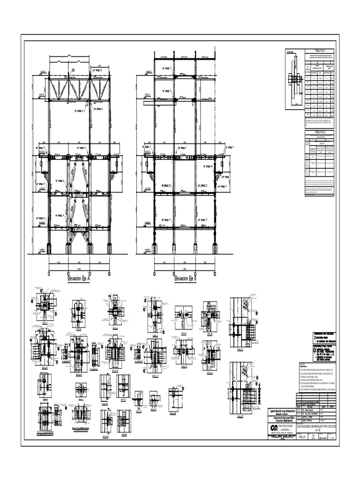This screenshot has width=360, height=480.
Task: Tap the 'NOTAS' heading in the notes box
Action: click(x=302, y=364)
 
